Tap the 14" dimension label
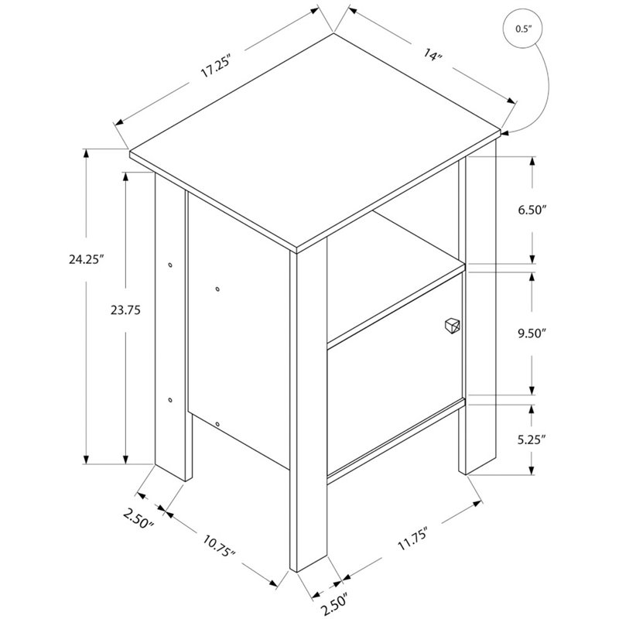pyautogui.click(x=433, y=54)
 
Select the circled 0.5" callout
pyautogui.click(x=523, y=29)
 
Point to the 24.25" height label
pyautogui.click(x=86, y=259)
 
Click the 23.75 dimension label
pyautogui.click(x=125, y=310)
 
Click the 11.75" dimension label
pyautogui.click(x=413, y=539)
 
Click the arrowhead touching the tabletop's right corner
pyautogui.click(x=506, y=133)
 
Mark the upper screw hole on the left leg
pyautogui.click(x=170, y=265)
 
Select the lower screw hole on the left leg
pyautogui.click(x=170, y=400)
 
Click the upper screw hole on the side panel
pyautogui.click(x=217, y=289)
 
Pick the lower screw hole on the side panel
pyautogui.click(x=217, y=424)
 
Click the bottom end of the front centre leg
pyautogui.click(x=309, y=565)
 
